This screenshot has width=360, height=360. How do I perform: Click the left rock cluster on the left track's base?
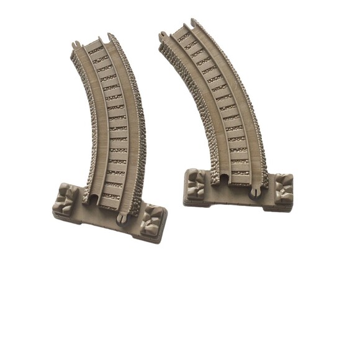click(x=66, y=198)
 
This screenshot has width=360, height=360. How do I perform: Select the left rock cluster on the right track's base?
click(x=196, y=184)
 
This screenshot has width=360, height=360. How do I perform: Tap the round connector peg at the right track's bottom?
click(x=254, y=194)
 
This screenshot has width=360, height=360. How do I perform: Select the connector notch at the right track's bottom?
click(x=223, y=179)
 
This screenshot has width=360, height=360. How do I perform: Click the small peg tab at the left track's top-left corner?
click(x=75, y=45)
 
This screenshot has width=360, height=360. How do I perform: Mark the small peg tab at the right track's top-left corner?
click(x=163, y=35)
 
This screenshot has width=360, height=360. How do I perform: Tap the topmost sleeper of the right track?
click(x=184, y=36)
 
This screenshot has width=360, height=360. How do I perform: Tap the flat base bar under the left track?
click(x=109, y=214)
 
